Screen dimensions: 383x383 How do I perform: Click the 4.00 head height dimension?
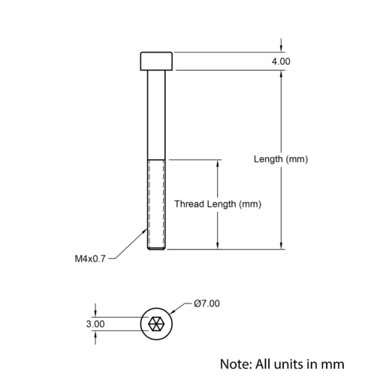pos(281,62)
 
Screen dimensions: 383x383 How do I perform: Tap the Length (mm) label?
pos(281,159)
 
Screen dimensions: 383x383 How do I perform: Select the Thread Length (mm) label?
pos(218,204)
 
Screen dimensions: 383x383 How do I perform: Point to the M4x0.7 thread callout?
pos(90,259)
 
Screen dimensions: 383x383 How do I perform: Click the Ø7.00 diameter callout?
pos(207,303)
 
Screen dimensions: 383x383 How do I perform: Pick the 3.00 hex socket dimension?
pos(95,324)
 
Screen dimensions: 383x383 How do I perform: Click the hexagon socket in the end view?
pos(156,324)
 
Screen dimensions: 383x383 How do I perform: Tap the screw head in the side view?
pos(156,61)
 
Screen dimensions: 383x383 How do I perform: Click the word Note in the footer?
pos(236,364)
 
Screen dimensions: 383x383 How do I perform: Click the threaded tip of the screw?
pos(156,248)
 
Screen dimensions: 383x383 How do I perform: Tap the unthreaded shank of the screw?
pos(156,115)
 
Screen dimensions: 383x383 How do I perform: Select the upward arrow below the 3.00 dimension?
pos(95,338)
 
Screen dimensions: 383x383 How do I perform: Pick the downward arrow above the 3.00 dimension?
pos(95,310)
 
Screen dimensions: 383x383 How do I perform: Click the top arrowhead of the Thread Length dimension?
pos(218,163)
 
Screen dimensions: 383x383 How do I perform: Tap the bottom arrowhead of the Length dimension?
pos(281,246)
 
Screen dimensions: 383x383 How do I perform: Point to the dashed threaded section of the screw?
pos(156,204)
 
